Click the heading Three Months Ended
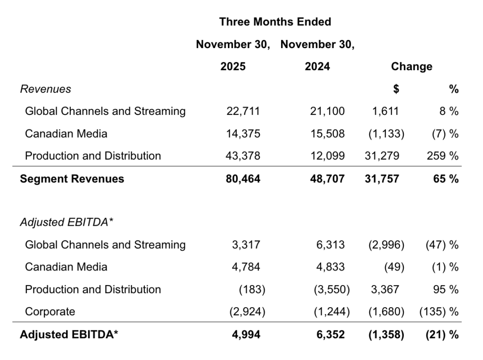(275, 22)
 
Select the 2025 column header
(233, 66)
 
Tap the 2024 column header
(317, 66)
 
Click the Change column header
(411, 66)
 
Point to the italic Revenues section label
(45, 89)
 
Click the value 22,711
(243, 111)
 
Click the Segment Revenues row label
(72, 179)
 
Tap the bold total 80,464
(243, 179)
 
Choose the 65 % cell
(446, 179)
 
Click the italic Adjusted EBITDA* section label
(67, 222)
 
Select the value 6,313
(330, 245)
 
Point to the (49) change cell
(394, 267)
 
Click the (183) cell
(252, 289)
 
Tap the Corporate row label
(50, 311)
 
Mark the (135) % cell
(439, 311)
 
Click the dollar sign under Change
(396, 89)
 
